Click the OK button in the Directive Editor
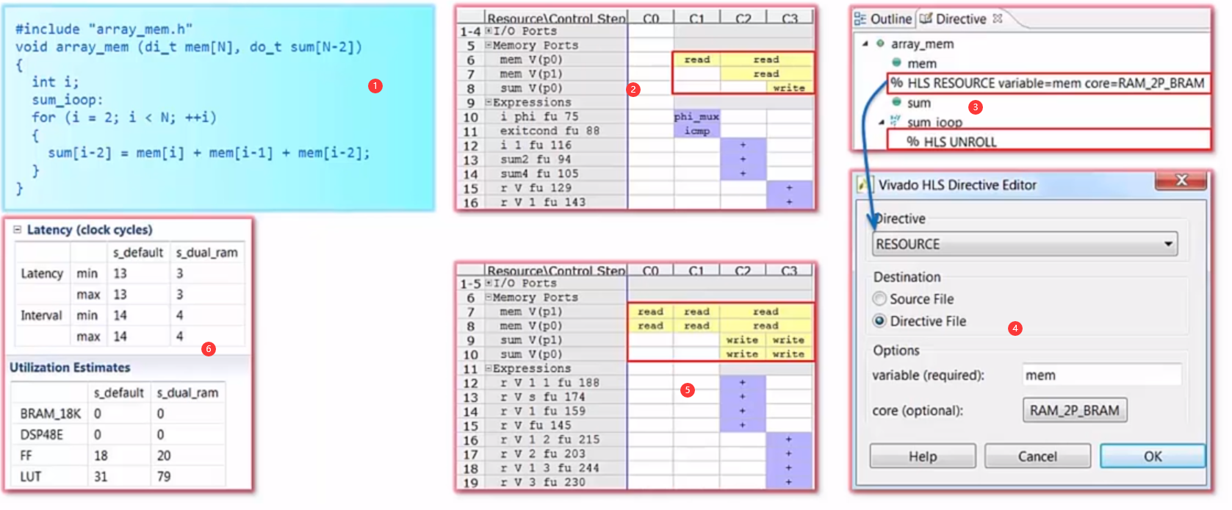[1152, 456]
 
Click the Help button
[922, 456]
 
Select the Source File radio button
[879, 299]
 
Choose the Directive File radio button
[879, 321]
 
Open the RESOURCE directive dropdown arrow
[1168, 244]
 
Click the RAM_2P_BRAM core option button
[1074, 410]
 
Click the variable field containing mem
[1100, 375]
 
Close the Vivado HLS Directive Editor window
[1181, 180]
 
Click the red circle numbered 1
[375, 86]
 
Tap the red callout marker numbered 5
[687, 389]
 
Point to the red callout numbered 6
[209, 348]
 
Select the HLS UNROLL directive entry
[951, 141]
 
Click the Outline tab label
[890, 19]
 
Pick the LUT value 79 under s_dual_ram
[164, 476]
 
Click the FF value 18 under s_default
[101, 456]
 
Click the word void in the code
[32, 47]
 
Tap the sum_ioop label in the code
[67, 100]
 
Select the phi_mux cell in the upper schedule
[696, 116]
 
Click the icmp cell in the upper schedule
[696, 131]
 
